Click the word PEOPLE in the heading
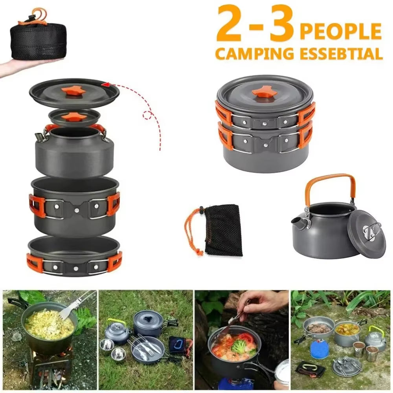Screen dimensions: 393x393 coord(341,31)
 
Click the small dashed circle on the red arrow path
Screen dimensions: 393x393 coord(148,115)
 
